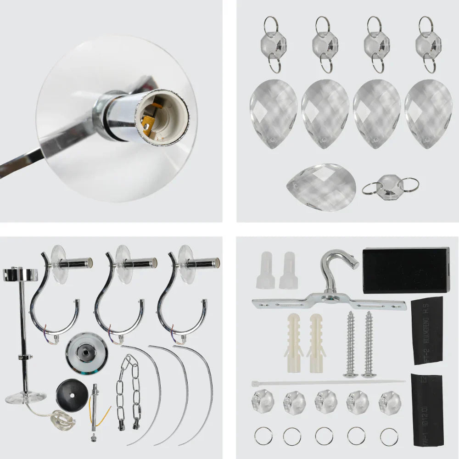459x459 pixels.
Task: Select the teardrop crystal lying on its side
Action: pyautogui.click(x=321, y=187)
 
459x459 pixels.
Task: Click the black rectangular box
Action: pyautogui.click(x=406, y=270)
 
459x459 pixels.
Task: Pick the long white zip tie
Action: pyautogui.click(x=328, y=382)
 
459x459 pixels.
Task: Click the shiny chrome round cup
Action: pyautogui.click(x=86, y=353)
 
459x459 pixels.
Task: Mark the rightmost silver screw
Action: pyautogui.click(x=369, y=344)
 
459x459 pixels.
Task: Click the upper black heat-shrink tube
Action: pyautogui.click(x=426, y=330)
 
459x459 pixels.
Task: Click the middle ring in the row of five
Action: pyautogui.click(x=324, y=436)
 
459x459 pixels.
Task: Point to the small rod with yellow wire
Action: pyautogui.click(x=95, y=406)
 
